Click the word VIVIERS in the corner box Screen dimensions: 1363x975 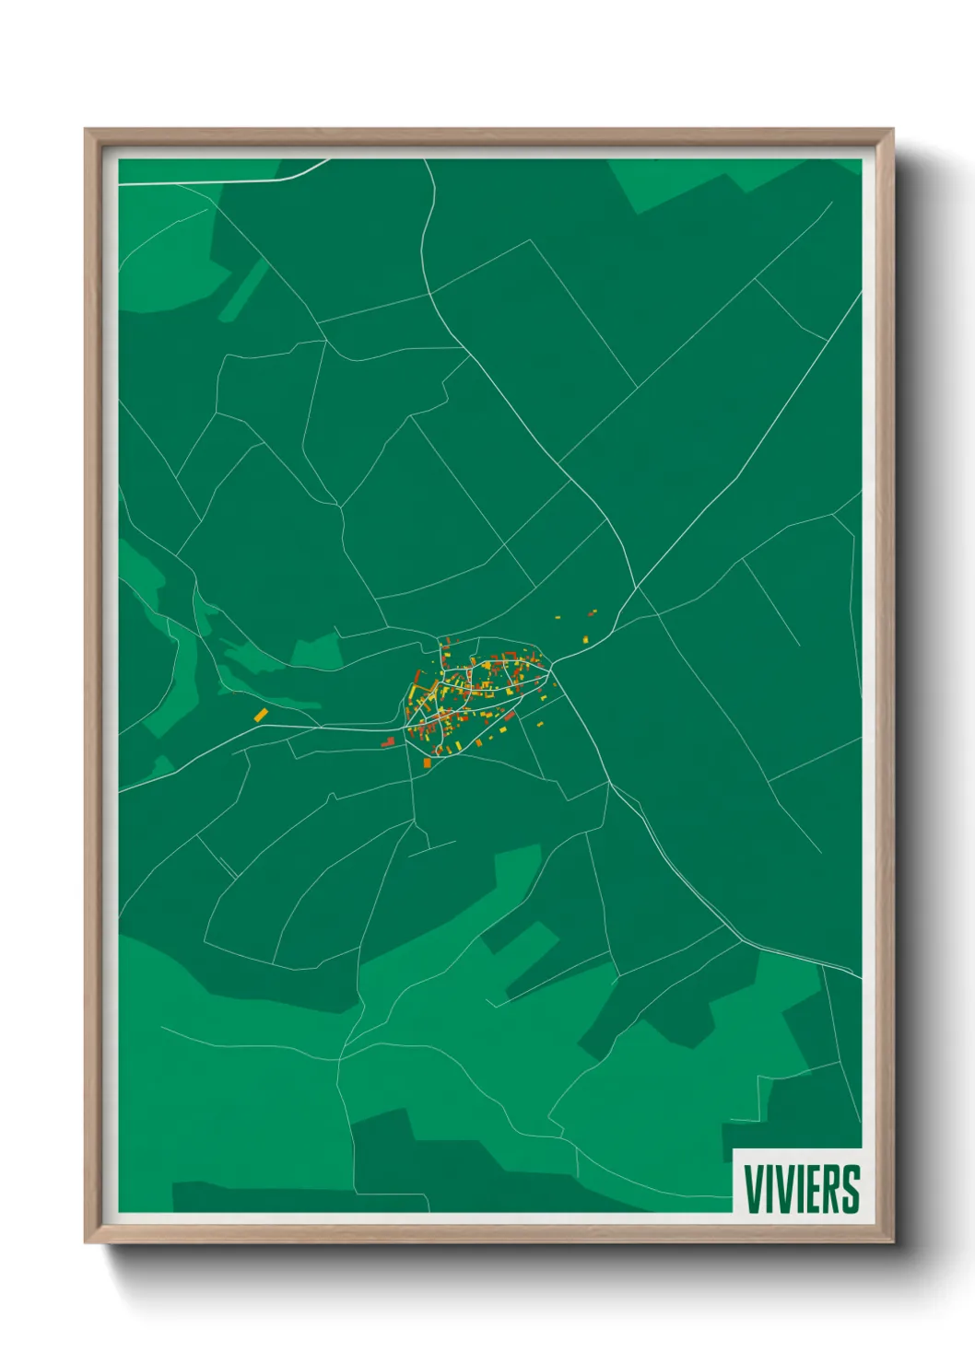801,1189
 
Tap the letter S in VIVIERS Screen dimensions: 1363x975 850,1189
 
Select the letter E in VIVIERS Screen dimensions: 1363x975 811,1189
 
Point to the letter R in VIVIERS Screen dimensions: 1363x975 829,1189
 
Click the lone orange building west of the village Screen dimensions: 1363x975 261,714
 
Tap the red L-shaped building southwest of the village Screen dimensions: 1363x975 388,741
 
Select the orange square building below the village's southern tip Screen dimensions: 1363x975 427,763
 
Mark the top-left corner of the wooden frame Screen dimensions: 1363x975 86,130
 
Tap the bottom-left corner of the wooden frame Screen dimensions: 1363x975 86,1242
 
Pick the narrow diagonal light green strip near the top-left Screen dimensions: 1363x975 242,291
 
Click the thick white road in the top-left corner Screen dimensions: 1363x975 221,181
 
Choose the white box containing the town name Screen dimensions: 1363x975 798,1182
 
